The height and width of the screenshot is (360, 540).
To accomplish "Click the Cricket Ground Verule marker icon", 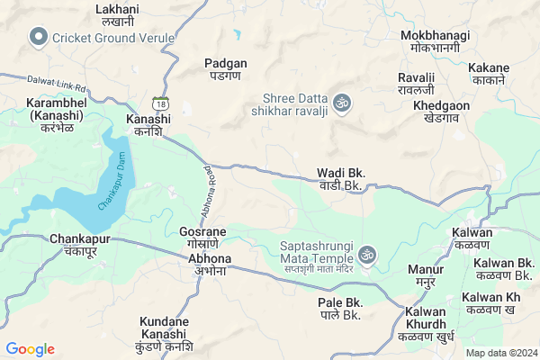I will [x=38, y=37].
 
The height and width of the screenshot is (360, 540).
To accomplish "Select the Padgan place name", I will [x=226, y=70].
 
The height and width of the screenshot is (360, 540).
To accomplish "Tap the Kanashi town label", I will [x=148, y=125].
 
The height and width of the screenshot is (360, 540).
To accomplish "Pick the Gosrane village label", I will [x=202, y=238].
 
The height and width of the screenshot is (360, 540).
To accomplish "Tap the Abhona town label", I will [x=210, y=265].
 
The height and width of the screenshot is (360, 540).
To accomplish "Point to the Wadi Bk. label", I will [x=340, y=179].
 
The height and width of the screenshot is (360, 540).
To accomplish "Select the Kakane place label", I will [x=489, y=74].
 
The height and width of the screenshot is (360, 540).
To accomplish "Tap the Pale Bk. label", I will [x=340, y=309].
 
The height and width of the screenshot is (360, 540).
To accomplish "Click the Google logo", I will [x=31, y=349].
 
